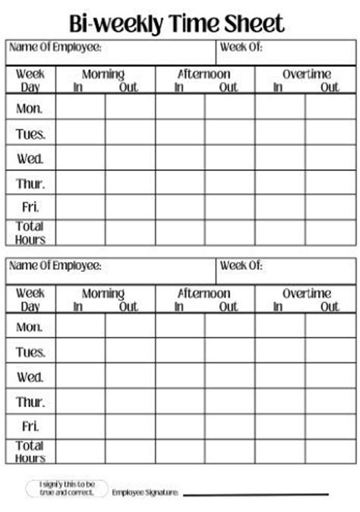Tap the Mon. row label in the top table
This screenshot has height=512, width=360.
[x=30, y=109]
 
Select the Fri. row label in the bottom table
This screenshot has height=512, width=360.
[x=30, y=426]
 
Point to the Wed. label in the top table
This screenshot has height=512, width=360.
[x=30, y=159]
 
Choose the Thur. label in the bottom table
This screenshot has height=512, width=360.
[x=30, y=402]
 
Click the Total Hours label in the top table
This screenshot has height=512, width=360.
[x=30, y=232]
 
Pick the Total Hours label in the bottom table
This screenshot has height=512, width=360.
[x=30, y=451]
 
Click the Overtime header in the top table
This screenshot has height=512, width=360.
[x=307, y=74]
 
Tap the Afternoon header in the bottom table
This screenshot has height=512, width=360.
[x=204, y=293]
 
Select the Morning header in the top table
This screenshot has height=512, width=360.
[x=103, y=74]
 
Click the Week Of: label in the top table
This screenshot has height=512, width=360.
[x=242, y=47]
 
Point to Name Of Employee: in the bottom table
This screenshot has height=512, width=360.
[x=55, y=266]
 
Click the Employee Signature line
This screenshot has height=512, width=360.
[x=255, y=494]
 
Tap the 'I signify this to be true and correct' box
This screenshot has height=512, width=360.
[x=67, y=488]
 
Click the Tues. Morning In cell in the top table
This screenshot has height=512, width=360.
[x=81, y=133]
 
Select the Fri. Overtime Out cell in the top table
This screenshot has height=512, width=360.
[x=330, y=207]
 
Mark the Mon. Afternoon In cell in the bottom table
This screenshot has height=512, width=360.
[x=180, y=327]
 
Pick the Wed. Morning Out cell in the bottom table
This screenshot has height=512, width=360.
[x=130, y=377]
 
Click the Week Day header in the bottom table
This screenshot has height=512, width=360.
[x=30, y=299]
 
